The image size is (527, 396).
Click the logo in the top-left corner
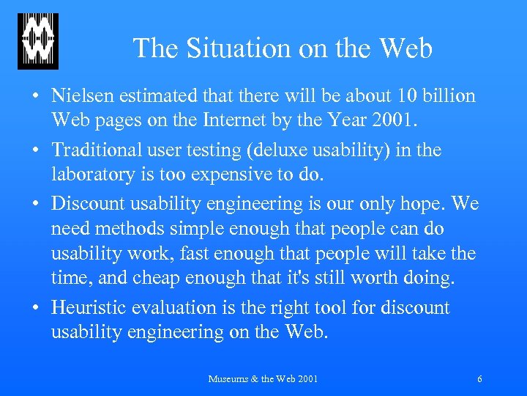click(x=38, y=41)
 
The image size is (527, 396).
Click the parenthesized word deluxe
click(x=291, y=150)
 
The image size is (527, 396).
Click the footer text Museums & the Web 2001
click(x=263, y=379)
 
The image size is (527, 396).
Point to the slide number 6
click(x=479, y=379)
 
